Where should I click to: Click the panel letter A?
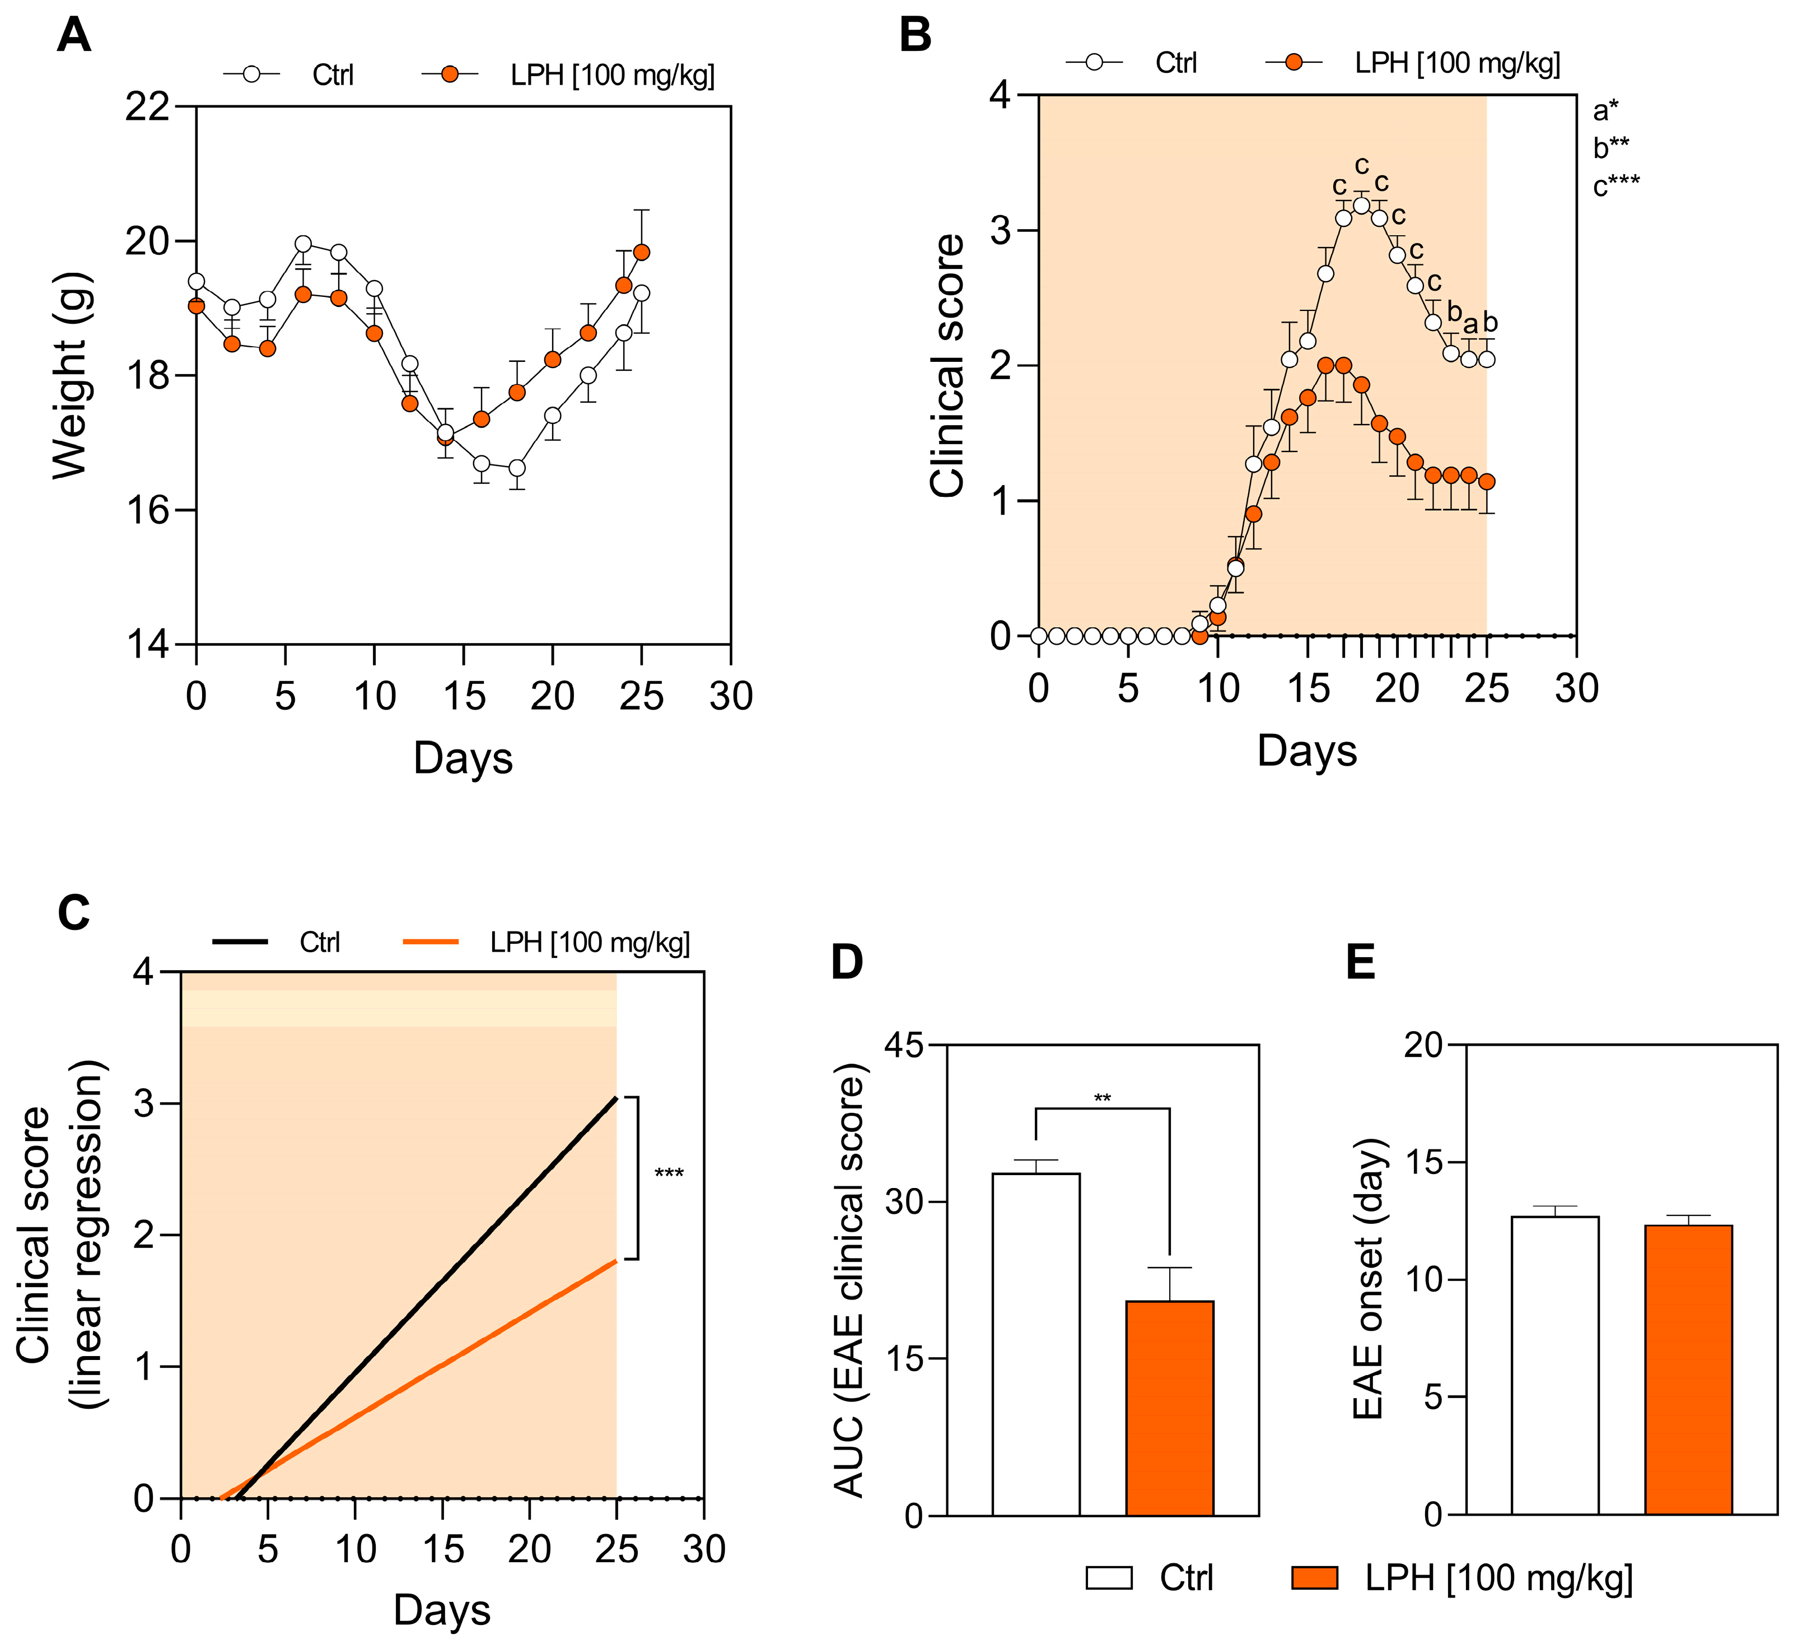[73, 38]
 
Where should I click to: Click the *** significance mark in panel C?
[669, 1174]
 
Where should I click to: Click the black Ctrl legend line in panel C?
[240, 942]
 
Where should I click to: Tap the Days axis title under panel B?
[1307, 751]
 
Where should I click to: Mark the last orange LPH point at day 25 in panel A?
[641, 253]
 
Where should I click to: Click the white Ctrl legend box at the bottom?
[1109, 1578]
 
